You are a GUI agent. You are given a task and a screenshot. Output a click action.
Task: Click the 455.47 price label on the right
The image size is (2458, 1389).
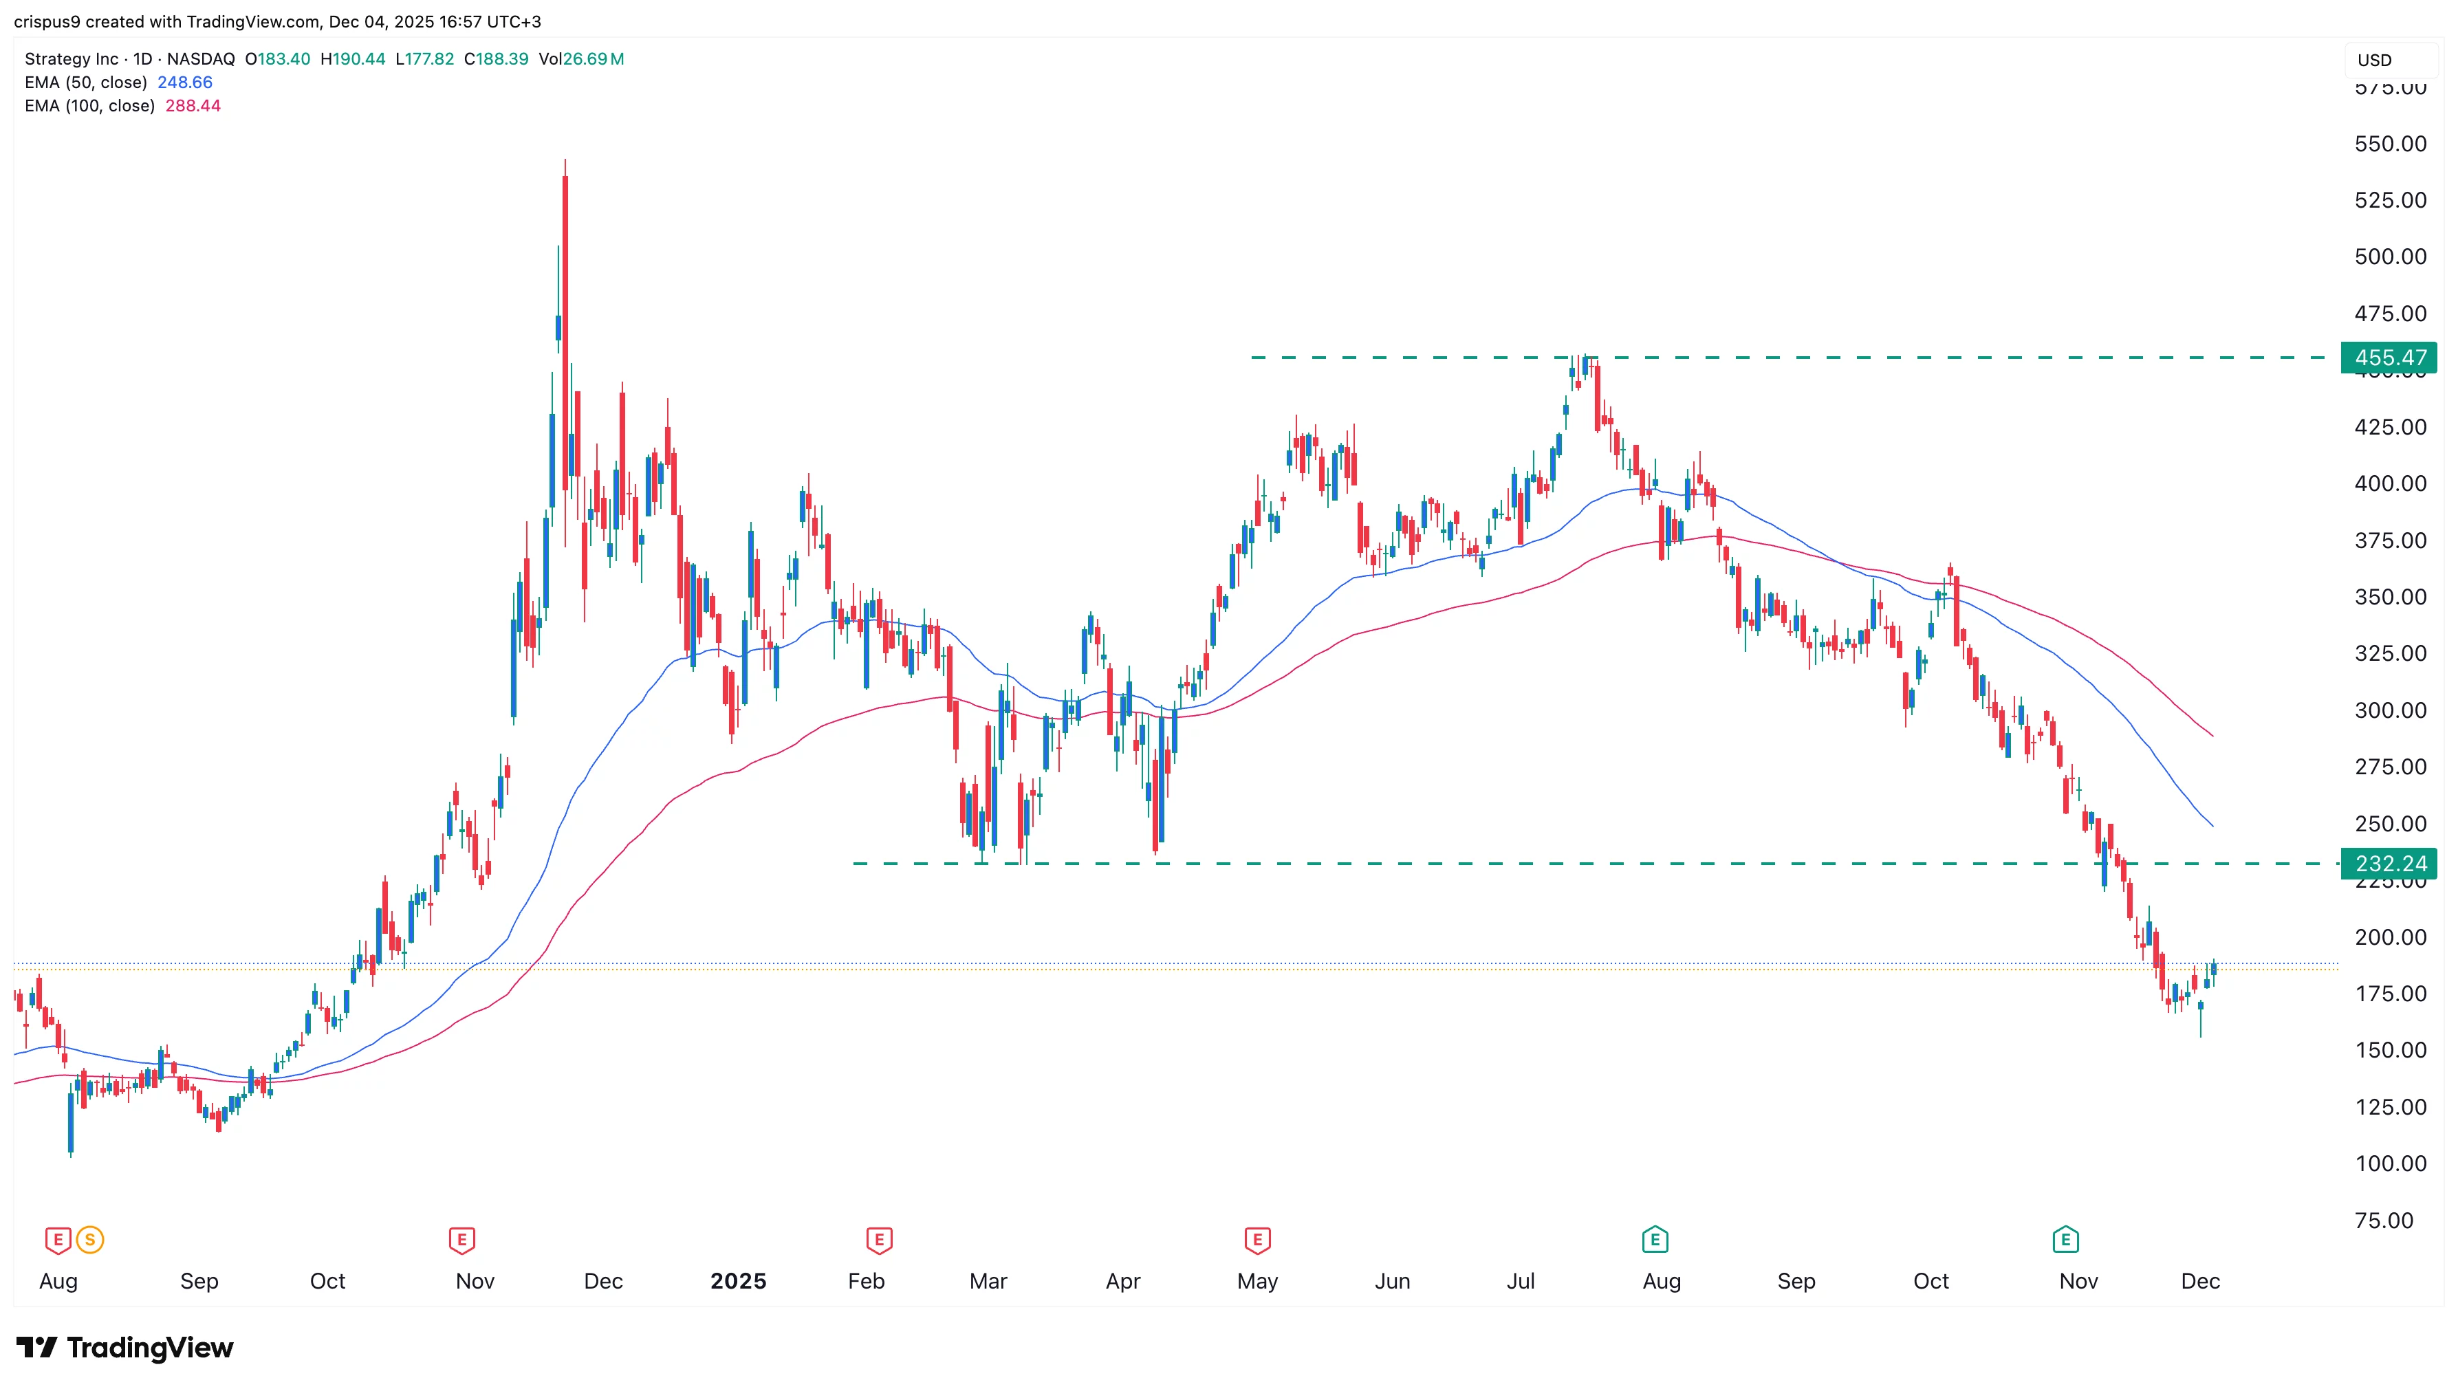2389,358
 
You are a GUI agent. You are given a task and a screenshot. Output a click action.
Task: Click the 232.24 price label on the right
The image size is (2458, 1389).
2389,864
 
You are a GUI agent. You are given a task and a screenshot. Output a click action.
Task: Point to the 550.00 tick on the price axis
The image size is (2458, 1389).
2389,144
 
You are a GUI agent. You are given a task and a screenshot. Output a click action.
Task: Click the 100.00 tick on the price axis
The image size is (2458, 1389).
2389,1164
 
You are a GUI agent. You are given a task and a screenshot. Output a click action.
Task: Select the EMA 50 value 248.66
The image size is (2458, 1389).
184,82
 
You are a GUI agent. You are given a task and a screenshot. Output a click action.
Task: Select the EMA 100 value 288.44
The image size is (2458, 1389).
193,106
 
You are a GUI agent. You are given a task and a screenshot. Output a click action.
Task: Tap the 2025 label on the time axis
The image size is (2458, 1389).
737,1281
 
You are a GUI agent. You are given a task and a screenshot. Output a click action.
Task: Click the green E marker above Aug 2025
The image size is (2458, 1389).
1655,1240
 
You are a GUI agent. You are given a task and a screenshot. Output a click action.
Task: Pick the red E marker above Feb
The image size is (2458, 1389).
879,1240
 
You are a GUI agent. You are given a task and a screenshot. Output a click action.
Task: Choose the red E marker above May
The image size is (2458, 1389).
1257,1240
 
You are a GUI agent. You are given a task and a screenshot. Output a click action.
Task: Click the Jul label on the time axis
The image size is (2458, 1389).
1520,1281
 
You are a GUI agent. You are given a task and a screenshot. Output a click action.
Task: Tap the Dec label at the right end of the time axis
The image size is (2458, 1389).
2199,1281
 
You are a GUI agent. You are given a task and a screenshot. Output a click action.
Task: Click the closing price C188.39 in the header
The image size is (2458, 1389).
495,59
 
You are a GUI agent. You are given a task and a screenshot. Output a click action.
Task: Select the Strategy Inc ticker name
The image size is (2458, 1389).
72,59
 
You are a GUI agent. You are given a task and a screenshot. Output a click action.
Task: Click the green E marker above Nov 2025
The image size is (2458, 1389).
2065,1240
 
